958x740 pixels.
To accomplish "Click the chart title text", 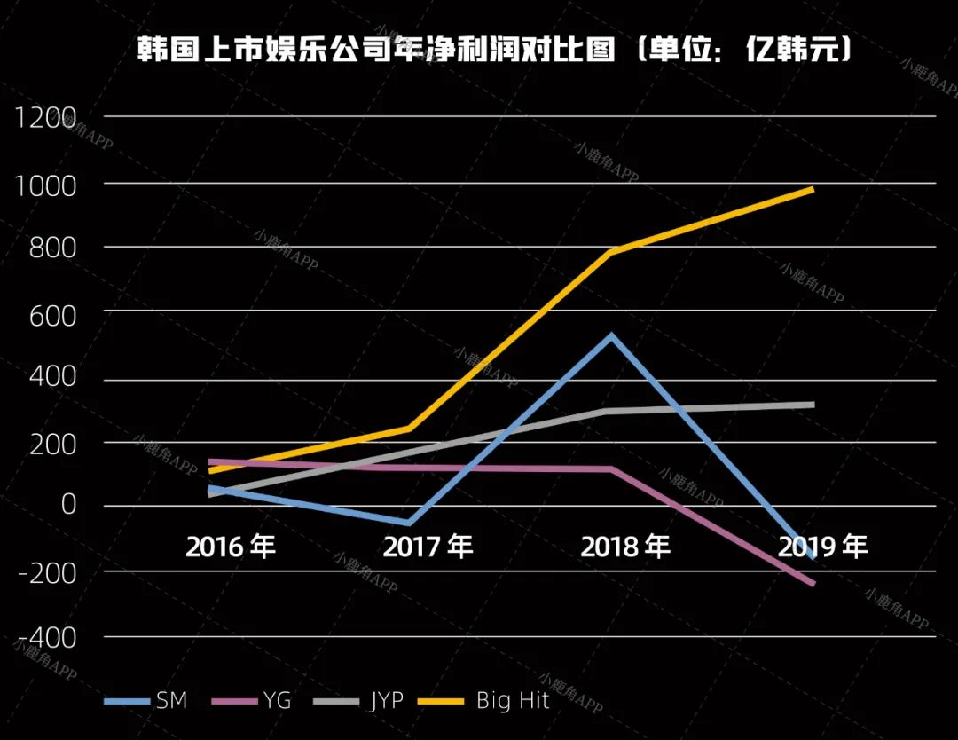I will (x=494, y=50).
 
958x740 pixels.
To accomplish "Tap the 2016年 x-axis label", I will (x=231, y=547).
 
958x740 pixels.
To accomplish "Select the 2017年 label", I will (x=428, y=547).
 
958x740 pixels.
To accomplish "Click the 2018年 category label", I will (x=625, y=547).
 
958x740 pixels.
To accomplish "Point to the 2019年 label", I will (x=823, y=547).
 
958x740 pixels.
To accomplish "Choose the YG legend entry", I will (x=255, y=701).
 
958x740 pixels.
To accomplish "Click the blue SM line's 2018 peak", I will (x=611, y=336).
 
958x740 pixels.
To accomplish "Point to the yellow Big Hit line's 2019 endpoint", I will (x=812, y=190).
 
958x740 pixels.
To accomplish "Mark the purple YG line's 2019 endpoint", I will (x=812, y=583).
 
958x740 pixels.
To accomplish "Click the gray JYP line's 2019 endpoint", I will (x=812, y=405).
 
